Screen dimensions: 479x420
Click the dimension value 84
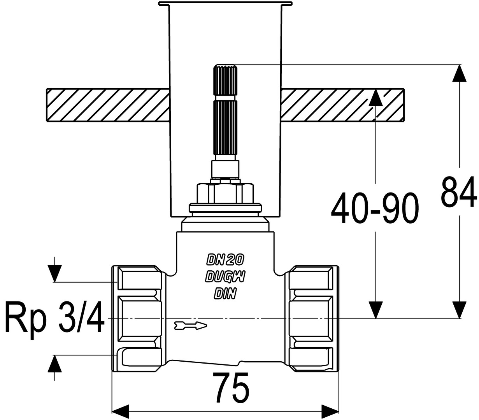click(x=459, y=192)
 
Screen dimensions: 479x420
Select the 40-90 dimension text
click(x=375, y=208)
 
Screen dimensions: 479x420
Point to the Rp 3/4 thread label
click(x=54, y=317)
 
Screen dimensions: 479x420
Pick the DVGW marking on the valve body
click(x=225, y=276)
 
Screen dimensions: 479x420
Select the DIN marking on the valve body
click(x=225, y=294)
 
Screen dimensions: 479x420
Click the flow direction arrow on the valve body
click(x=191, y=325)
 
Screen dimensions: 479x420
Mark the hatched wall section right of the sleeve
click(x=342, y=105)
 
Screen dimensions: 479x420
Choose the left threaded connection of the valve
click(x=137, y=319)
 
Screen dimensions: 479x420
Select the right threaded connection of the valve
click(x=313, y=319)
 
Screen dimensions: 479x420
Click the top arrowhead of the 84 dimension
click(x=459, y=73)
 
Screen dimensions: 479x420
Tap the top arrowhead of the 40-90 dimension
click(x=375, y=97)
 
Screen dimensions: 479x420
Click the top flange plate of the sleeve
click(x=225, y=3)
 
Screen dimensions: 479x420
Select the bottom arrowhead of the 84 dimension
click(x=459, y=310)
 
